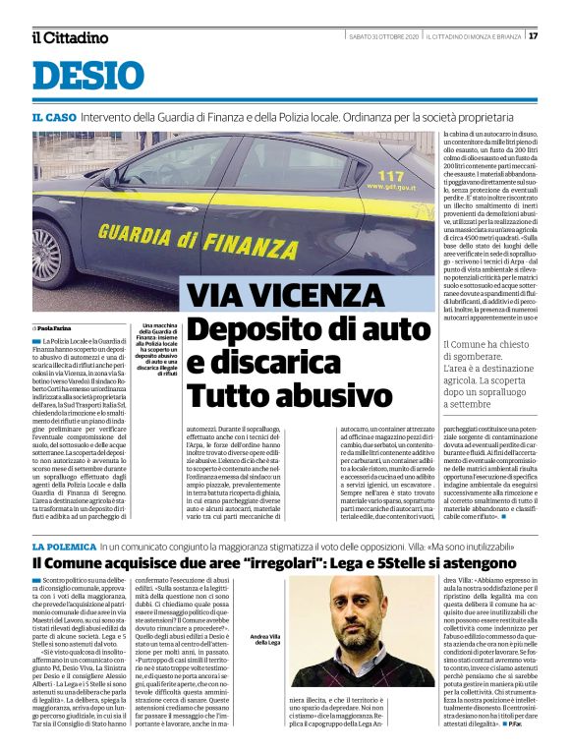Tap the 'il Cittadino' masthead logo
(69, 37)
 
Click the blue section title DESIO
(88, 75)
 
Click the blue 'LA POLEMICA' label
(63, 546)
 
